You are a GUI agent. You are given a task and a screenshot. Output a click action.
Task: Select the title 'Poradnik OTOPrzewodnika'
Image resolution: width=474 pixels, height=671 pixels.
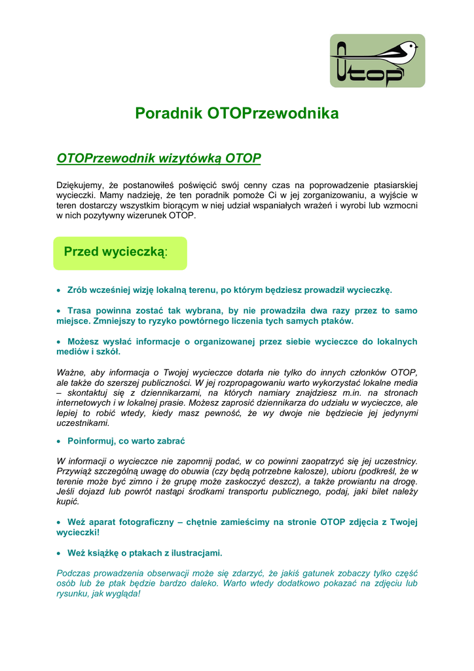[236, 113]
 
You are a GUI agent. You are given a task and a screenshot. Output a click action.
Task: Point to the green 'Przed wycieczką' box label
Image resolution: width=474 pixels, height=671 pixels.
[115, 252]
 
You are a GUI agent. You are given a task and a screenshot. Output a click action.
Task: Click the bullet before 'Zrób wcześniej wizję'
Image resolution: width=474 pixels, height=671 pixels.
[59, 290]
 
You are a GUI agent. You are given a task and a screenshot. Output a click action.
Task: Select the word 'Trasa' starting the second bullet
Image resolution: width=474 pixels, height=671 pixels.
[80, 311]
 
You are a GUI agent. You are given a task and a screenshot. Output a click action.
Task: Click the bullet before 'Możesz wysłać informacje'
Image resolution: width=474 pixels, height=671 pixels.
[59, 342]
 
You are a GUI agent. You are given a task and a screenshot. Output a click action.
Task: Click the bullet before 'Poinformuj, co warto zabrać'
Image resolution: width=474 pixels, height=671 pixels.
[59, 441]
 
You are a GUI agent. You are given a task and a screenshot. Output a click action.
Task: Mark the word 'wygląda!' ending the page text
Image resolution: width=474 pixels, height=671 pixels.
[124, 594]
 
